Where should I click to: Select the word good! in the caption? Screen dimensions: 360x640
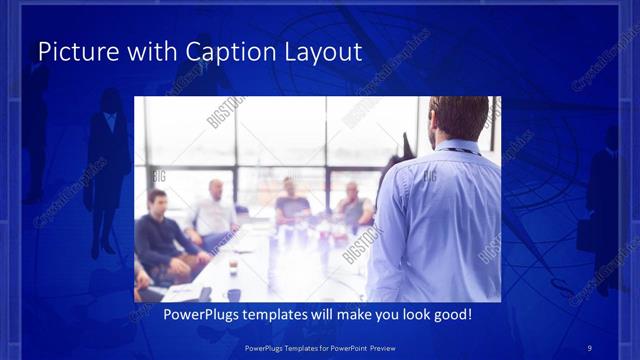click(449, 314)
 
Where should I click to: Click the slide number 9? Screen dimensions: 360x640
click(590, 347)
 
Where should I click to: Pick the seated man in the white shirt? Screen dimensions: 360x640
click(214, 213)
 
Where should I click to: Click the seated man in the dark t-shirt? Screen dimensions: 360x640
click(292, 205)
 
